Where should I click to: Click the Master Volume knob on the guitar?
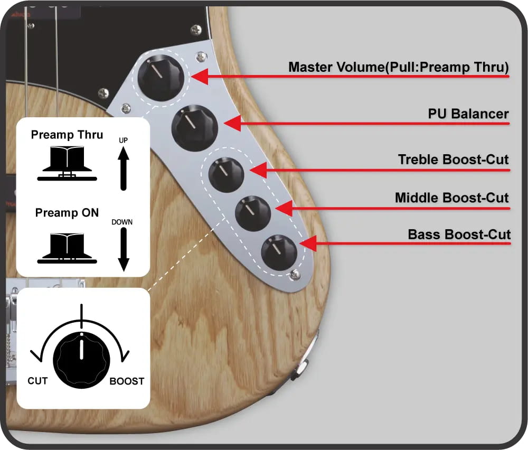pos(161,78)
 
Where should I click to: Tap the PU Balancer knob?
pos(195,128)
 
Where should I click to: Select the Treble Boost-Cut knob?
pos(227,175)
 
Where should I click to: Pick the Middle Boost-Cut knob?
pos(253,213)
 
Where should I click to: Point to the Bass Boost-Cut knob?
pos(279,252)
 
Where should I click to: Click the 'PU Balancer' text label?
pos(468,114)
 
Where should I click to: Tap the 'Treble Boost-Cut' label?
pos(453,160)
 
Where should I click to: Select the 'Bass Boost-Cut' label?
pos(459,235)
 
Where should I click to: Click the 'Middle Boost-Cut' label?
pos(451,198)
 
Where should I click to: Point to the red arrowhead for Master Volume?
pos(200,77)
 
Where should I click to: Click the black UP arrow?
pos(123,168)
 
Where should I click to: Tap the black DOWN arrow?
pos(124,249)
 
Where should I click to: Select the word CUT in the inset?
pos(37,381)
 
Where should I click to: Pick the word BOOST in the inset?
pos(127,381)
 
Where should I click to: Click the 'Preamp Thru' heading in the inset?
pos(67,135)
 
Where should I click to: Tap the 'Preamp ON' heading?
pos(67,213)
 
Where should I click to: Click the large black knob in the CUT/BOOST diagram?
pos(81,360)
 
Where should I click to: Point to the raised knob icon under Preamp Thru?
pos(67,163)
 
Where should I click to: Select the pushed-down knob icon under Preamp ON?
pos(67,248)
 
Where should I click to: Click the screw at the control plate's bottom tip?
pos(295,275)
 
